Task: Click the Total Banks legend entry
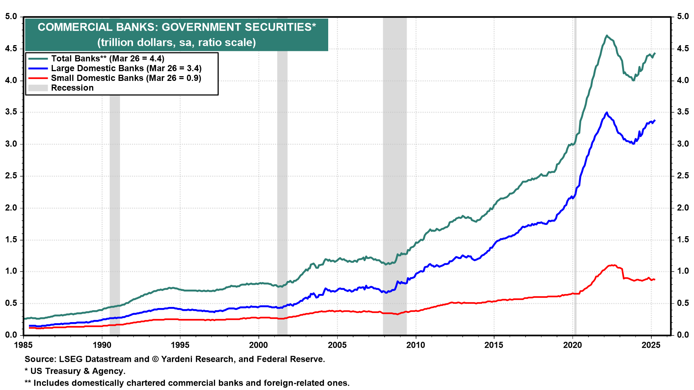pyautogui.click(x=107, y=58)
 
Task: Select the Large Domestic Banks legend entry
pyautogui.click(x=126, y=68)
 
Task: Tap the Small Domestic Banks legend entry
pyautogui.click(x=126, y=78)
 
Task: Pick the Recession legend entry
pyautogui.click(x=72, y=88)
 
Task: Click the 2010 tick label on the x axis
pyautogui.click(x=415, y=345)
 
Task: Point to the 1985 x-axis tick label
pyautogui.click(x=23, y=345)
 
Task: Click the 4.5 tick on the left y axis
pyautogui.click(x=11, y=48)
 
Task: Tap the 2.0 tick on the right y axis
pyautogui.click(x=683, y=208)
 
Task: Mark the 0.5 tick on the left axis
pyautogui.click(x=11, y=303)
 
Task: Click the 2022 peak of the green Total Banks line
pyautogui.click(x=607, y=35)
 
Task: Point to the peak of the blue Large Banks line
pyautogui.click(x=607, y=112)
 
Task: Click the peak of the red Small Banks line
pyautogui.click(x=612, y=265)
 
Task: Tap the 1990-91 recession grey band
pyautogui.click(x=115, y=217)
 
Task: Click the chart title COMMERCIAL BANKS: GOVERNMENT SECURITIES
pyautogui.click(x=176, y=27)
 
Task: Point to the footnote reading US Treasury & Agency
pyautogui.click(x=78, y=371)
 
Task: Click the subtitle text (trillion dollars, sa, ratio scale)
pyautogui.click(x=176, y=43)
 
